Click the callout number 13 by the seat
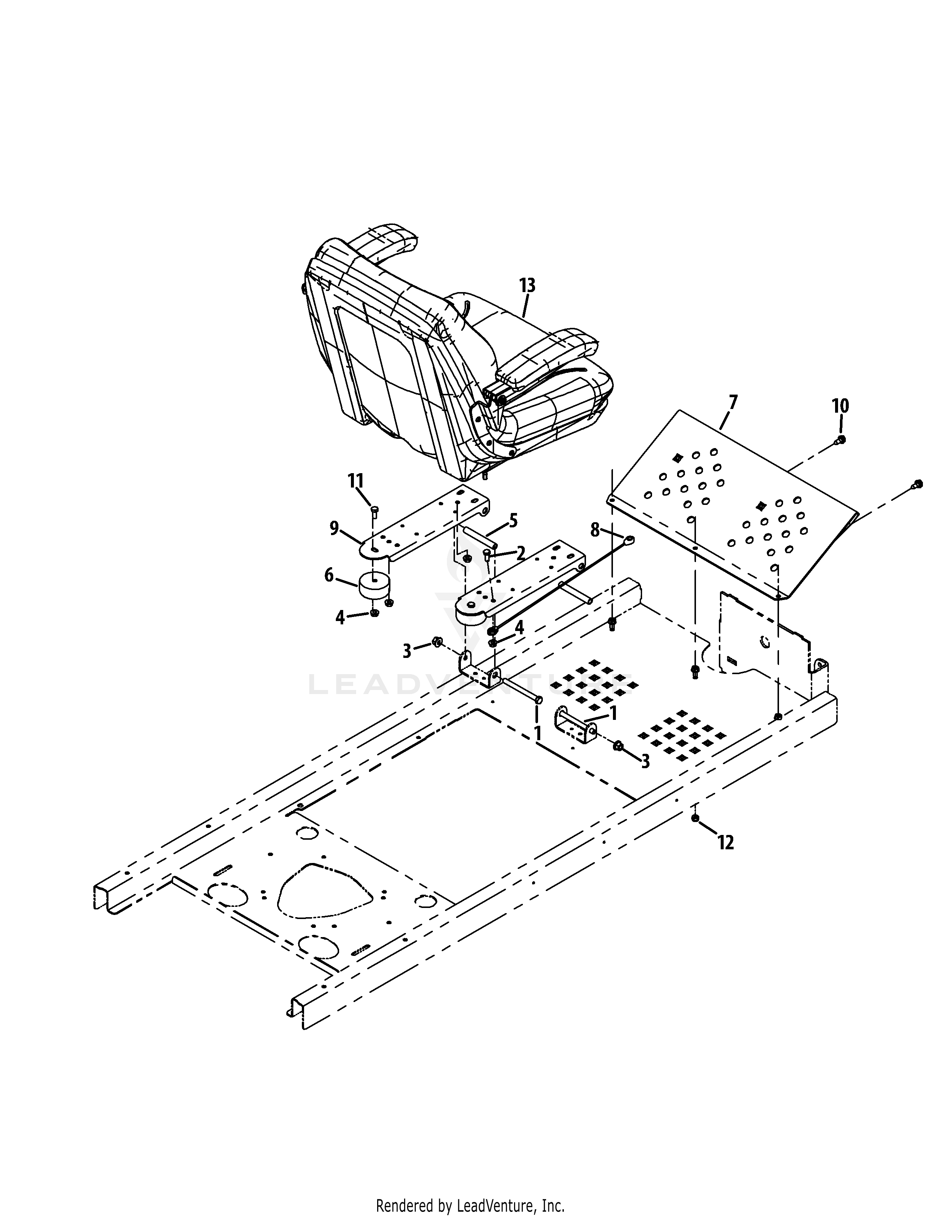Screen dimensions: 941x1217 point(527,285)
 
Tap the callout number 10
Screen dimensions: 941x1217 point(841,406)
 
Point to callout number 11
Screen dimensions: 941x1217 point(356,480)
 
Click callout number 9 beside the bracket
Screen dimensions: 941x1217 point(334,528)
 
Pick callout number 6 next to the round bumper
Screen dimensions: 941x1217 point(330,575)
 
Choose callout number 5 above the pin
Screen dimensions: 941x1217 point(513,521)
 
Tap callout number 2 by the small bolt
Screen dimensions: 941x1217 point(521,553)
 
